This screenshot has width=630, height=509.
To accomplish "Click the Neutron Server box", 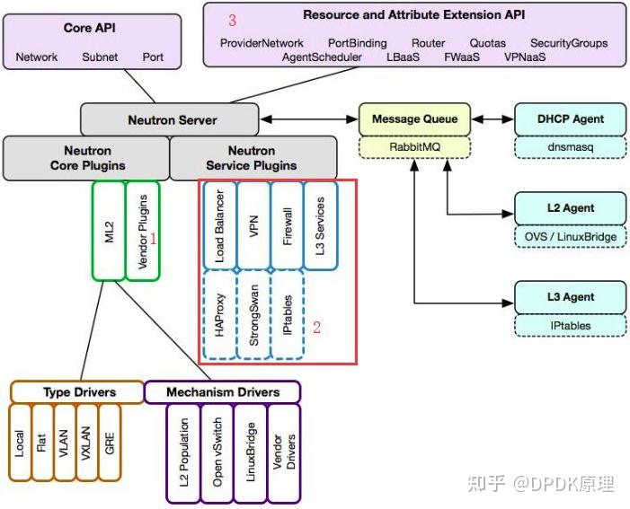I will coord(172,119).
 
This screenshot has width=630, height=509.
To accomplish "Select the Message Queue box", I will coord(414,118).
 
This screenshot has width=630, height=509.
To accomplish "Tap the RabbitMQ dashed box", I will coord(414,146).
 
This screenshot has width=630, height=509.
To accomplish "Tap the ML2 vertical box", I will coord(108,231).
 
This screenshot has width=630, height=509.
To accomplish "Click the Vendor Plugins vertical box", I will coord(142,231).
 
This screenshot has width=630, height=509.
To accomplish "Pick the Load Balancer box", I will coord(219,224).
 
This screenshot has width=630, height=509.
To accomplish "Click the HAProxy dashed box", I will coord(219,315).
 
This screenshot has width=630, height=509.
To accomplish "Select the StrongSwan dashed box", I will coord(253,315).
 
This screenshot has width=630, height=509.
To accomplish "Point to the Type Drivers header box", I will coord(77,392).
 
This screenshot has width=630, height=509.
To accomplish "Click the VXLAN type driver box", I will coord(86,443).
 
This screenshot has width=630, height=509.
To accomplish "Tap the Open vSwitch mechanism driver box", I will coord(217,453).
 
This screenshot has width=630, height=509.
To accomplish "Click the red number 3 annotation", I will coord(232,19).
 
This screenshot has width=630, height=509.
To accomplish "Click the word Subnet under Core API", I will coord(99,57).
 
